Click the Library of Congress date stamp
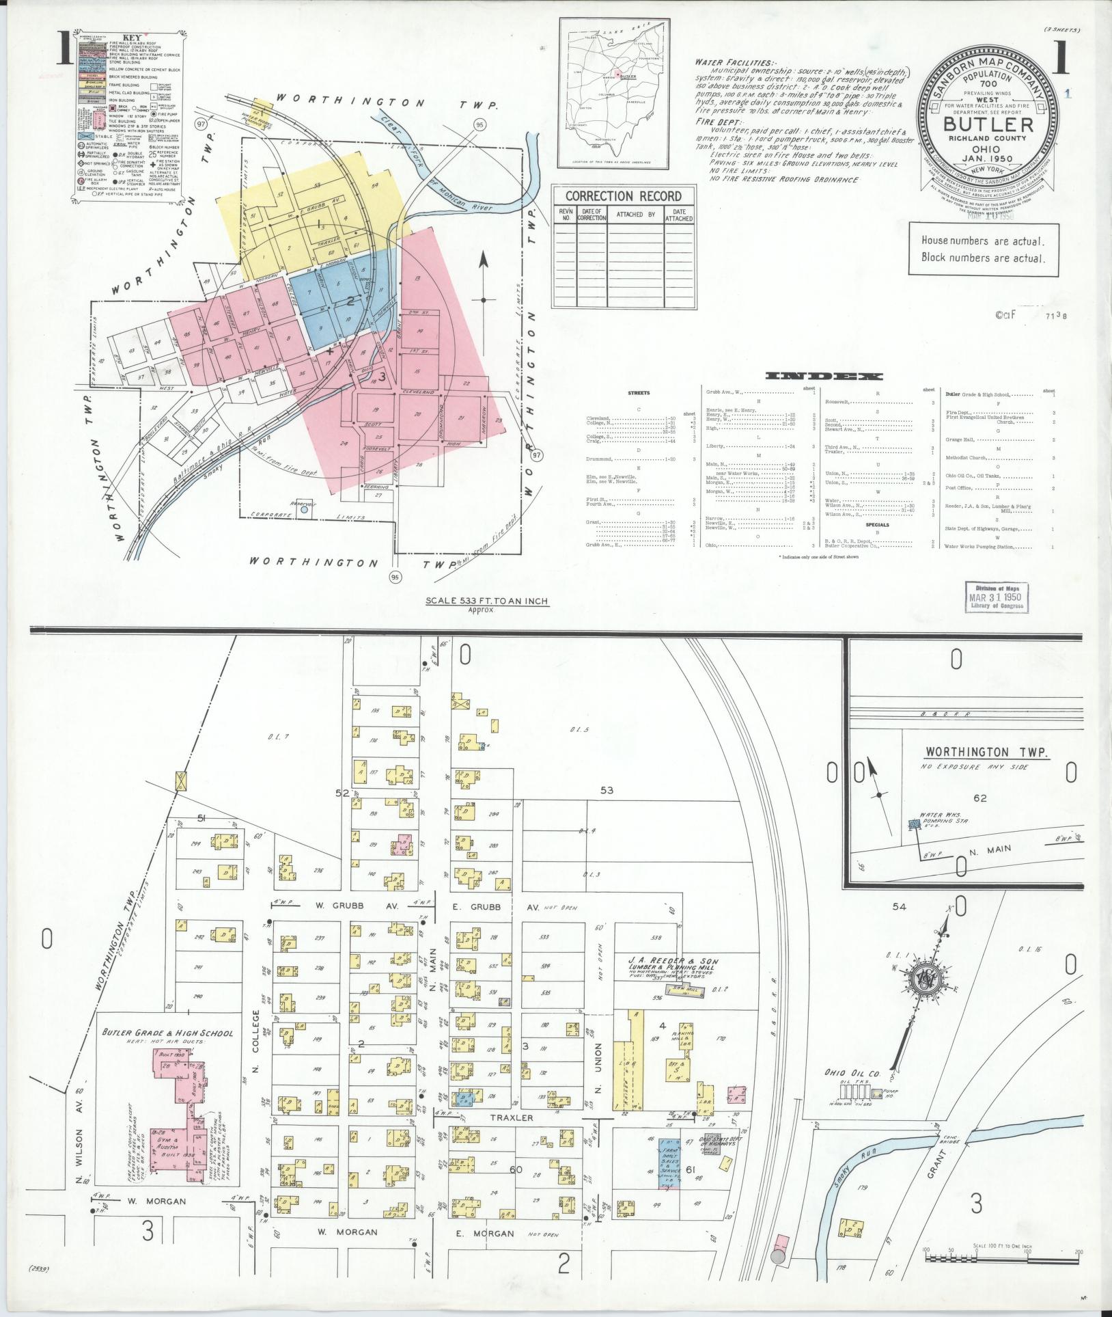tap(997, 596)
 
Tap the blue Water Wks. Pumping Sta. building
tap(913, 825)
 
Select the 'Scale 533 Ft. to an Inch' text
tap(487, 601)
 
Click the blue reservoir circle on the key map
tap(305, 509)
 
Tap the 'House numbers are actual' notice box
tap(982, 249)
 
